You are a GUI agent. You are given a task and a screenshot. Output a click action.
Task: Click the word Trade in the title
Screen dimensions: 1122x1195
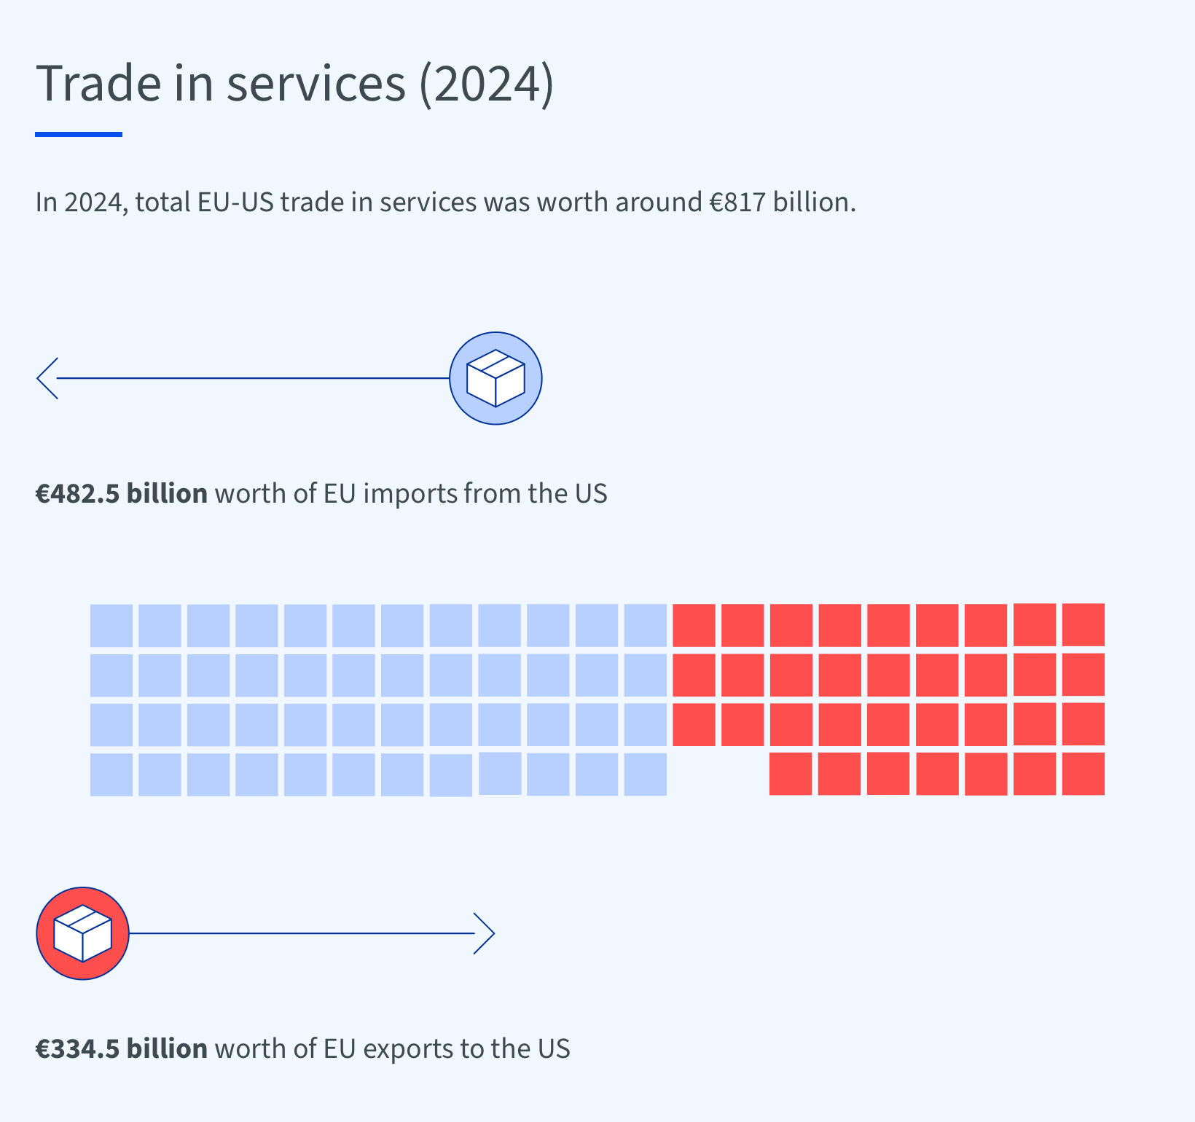(x=98, y=83)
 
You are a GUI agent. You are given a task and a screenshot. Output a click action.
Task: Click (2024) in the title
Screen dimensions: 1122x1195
(x=487, y=83)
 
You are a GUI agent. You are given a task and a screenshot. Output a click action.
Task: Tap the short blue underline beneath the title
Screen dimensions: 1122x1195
(x=79, y=134)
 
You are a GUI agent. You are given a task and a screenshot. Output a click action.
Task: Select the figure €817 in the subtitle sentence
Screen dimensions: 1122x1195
(x=738, y=202)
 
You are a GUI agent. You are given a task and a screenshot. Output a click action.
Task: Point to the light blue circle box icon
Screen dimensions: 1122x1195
(x=495, y=378)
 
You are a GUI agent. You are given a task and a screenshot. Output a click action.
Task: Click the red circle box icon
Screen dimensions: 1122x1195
(x=82, y=933)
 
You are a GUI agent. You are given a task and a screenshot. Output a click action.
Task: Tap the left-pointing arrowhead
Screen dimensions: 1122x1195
(x=47, y=378)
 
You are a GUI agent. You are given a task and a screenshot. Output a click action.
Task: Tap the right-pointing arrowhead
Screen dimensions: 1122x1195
(x=485, y=933)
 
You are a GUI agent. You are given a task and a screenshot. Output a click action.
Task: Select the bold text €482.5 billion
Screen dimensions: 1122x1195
(x=122, y=493)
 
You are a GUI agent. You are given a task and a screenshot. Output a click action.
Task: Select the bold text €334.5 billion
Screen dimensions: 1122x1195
(x=122, y=1048)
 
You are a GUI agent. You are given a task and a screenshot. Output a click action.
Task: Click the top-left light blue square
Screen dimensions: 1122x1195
(x=111, y=625)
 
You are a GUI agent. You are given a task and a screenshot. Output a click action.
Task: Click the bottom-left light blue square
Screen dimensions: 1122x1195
(x=111, y=774)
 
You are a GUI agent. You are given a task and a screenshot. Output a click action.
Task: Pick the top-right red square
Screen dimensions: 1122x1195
(x=1083, y=624)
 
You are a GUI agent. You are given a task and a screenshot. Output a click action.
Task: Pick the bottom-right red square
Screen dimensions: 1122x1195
(x=1083, y=774)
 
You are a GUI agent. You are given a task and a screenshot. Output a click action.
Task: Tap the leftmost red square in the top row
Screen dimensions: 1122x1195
(x=694, y=625)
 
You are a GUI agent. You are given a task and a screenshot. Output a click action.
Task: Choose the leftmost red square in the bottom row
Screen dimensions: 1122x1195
(x=791, y=774)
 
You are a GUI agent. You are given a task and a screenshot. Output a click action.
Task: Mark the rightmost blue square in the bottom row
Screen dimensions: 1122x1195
(x=646, y=774)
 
